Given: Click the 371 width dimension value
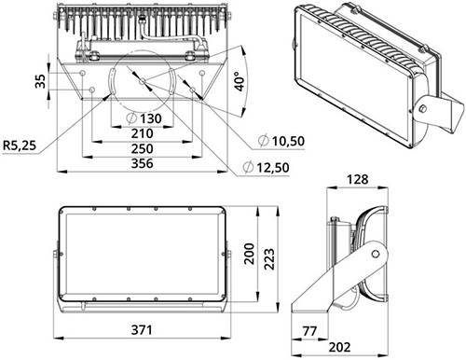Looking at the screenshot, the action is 142,330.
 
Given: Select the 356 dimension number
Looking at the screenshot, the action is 142,163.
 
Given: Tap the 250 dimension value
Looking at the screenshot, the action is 142,148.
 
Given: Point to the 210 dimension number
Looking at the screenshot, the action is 142,133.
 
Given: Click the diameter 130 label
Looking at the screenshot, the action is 144,118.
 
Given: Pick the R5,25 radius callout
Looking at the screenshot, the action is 20,145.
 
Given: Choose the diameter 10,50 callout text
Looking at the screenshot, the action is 281,141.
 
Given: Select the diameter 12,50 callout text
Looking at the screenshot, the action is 266,168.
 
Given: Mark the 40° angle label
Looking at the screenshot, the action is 240,81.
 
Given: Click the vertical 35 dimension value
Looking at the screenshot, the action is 40,81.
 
